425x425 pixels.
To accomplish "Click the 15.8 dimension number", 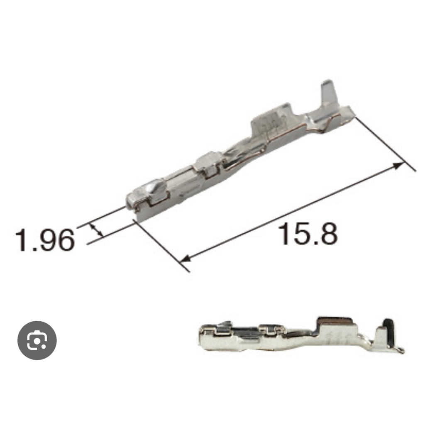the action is (309, 233).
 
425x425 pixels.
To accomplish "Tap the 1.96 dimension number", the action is (44, 239).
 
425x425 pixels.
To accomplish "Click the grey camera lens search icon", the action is (37, 340).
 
